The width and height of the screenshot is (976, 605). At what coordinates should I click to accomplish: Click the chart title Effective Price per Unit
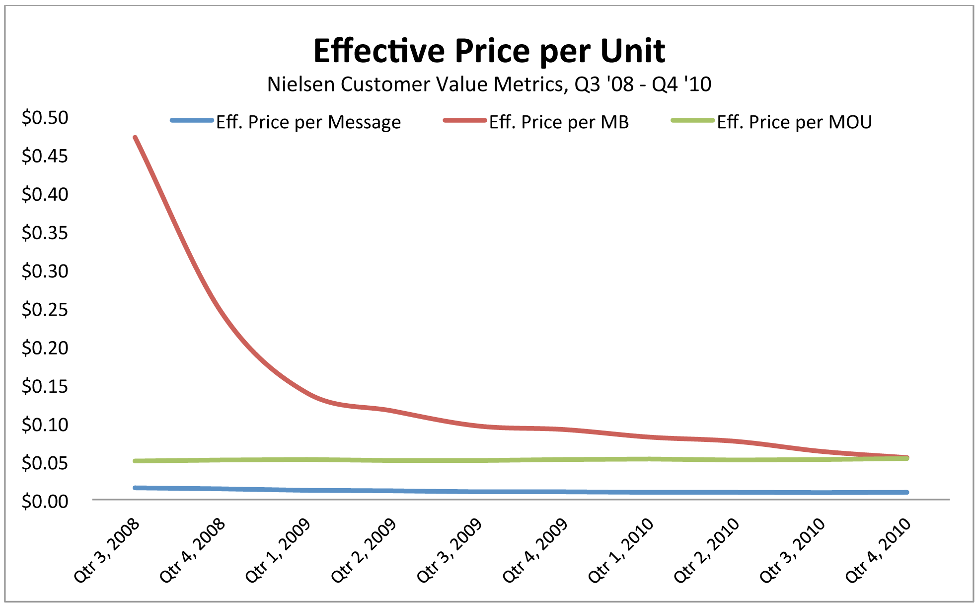coord(489,51)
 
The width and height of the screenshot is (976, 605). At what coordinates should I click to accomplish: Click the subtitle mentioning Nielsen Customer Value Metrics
coord(489,85)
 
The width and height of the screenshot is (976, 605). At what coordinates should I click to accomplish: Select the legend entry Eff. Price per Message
coord(308,122)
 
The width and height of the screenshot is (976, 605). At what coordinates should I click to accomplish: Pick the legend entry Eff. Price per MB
coord(559,122)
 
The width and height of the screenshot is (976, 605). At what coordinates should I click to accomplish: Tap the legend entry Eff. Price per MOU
coord(794,122)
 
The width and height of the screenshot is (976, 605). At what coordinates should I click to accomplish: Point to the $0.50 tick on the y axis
coord(45,118)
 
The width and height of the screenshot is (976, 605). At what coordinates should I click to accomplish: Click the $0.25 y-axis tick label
coord(45,310)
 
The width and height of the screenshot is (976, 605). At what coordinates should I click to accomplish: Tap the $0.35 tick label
coord(45,233)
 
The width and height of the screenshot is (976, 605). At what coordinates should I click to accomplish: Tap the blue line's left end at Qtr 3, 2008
coord(135,488)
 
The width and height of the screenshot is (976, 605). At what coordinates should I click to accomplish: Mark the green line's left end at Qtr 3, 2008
coord(135,461)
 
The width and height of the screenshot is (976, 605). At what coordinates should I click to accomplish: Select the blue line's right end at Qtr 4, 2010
coord(907,492)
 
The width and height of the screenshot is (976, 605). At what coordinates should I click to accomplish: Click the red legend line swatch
coord(464,120)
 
